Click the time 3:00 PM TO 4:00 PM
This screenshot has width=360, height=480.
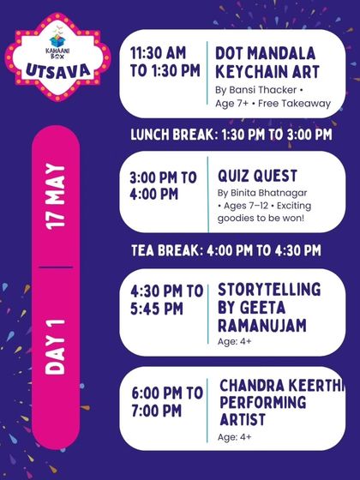(x=163, y=185)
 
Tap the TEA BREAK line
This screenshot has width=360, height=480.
(x=226, y=250)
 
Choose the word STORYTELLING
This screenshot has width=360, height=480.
(x=269, y=289)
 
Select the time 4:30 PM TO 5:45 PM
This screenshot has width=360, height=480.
(x=165, y=298)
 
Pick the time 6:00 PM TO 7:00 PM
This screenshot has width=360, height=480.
(x=166, y=402)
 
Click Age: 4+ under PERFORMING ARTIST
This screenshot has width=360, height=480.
(x=234, y=437)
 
